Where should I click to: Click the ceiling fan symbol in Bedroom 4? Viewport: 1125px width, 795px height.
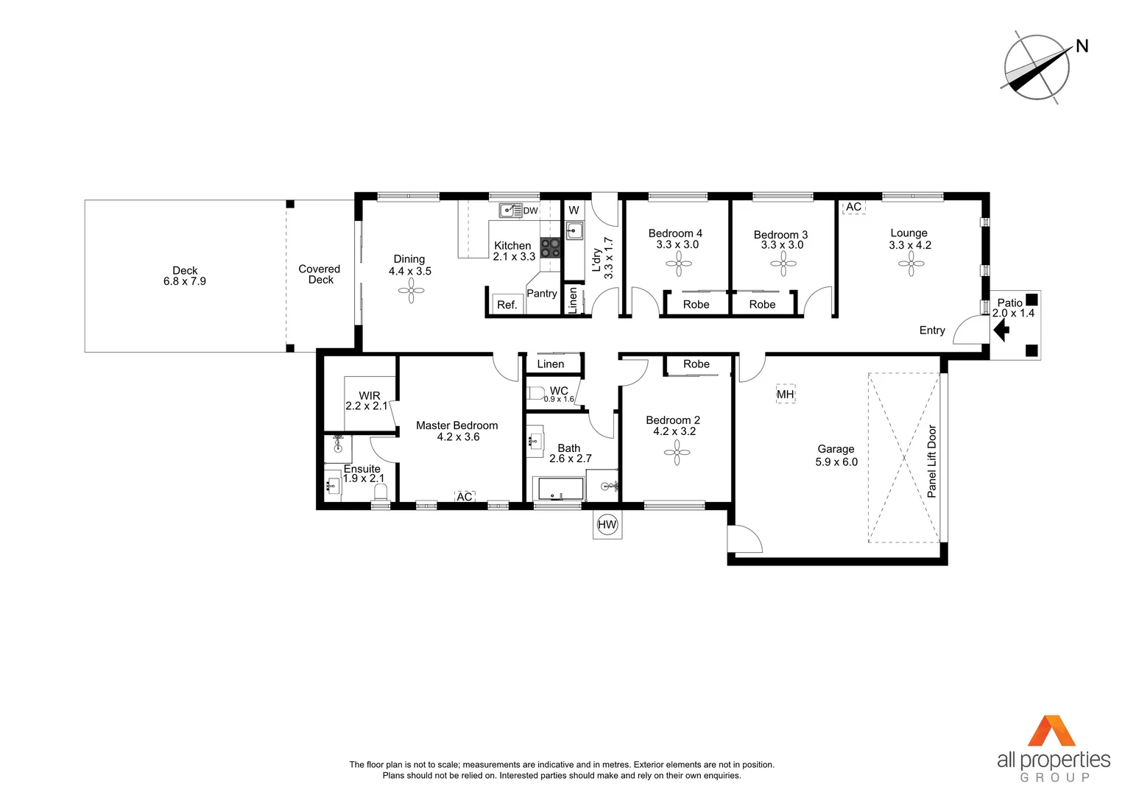coord(678,264)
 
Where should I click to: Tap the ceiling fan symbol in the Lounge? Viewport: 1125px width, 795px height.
coord(911,264)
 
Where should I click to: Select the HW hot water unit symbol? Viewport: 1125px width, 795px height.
coord(607,525)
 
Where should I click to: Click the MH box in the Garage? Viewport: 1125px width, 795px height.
coord(786,395)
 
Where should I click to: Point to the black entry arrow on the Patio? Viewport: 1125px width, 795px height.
coord(1001,331)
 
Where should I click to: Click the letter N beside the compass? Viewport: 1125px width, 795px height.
coord(1082,46)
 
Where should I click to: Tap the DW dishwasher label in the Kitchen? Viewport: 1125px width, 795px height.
coord(530,211)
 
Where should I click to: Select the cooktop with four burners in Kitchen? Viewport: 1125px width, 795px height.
coord(550,247)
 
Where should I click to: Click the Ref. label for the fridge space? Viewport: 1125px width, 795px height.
coord(507,305)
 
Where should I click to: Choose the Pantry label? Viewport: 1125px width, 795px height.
coord(542,293)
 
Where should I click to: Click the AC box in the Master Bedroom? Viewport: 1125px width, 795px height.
coord(465,497)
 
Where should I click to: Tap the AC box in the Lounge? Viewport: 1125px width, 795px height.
coord(853,207)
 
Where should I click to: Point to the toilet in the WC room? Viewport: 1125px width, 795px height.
coord(536,393)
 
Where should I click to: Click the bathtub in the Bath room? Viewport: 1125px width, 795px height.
coord(560,489)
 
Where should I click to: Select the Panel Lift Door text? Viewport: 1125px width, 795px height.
coord(932,462)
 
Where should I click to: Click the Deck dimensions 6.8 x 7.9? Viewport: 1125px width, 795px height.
coord(185,281)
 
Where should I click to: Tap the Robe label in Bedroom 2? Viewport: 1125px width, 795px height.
coord(696,364)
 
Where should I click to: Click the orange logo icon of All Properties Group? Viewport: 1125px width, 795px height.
coord(1052,731)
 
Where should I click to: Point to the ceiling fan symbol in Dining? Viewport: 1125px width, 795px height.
coord(411,292)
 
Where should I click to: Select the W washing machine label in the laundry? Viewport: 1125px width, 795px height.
coord(574,211)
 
